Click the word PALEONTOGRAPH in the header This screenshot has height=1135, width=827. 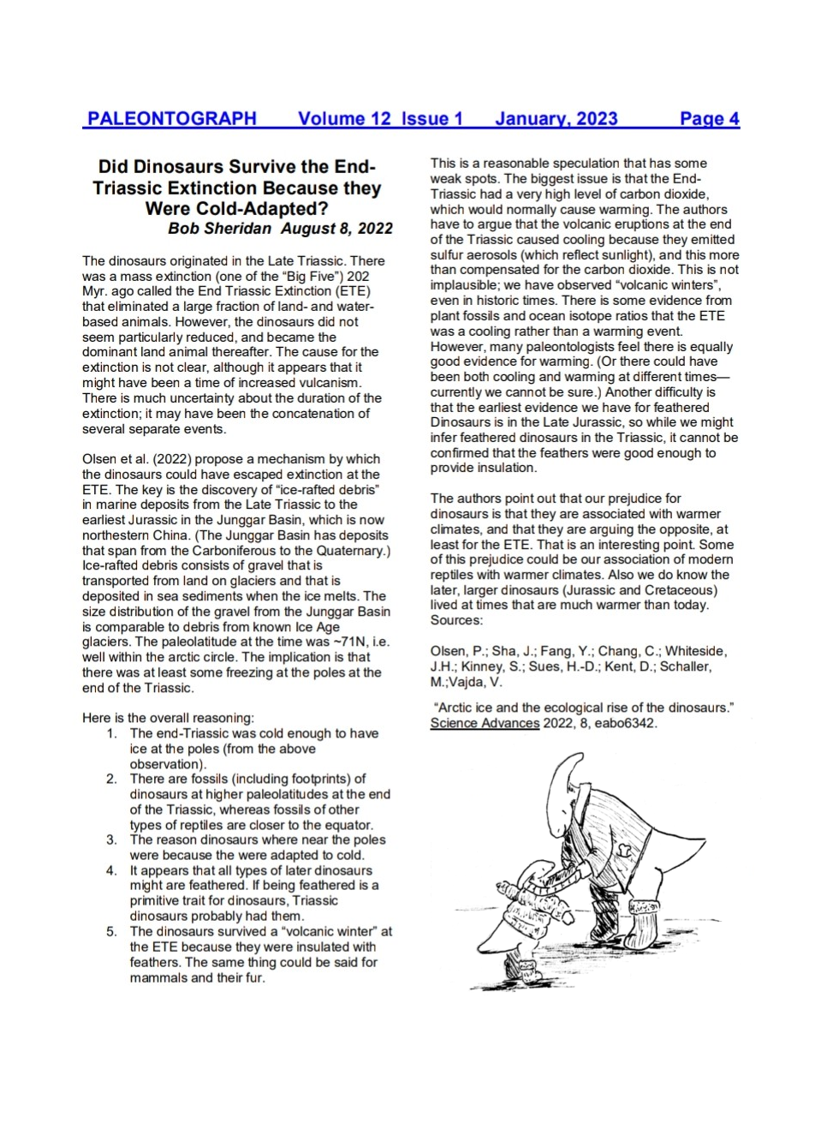click(171, 118)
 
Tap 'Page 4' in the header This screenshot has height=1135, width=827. click(709, 118)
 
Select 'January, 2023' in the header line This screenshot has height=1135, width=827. click(556, 118)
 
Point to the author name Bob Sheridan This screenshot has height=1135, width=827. click(219, 228)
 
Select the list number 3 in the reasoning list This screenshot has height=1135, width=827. click(111, 839)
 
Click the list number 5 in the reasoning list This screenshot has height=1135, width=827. click(111, 931)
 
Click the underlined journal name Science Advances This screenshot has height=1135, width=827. click(485, 723)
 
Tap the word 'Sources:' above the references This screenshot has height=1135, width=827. click(456, 619)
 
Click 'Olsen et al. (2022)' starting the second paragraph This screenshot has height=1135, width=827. click(136, 459)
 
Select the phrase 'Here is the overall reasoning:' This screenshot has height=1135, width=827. click(168, 718)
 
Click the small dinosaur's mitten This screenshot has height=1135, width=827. click(568, 916)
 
